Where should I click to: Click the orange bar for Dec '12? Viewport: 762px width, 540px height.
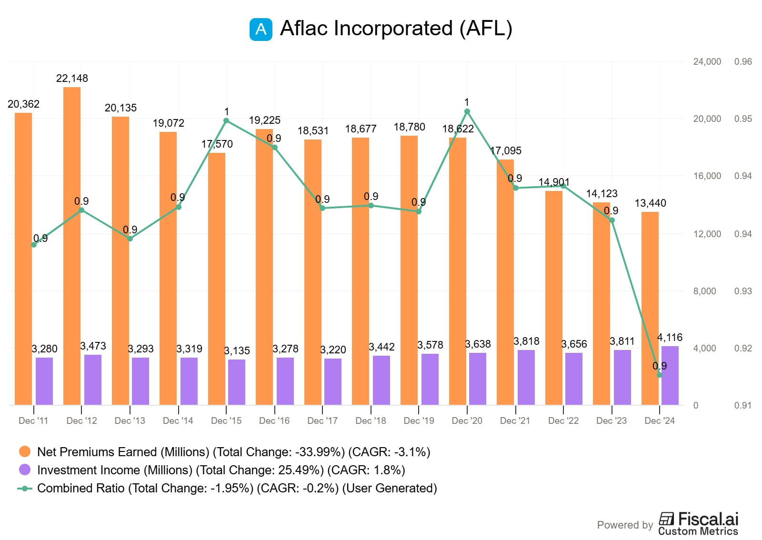click(72, 246)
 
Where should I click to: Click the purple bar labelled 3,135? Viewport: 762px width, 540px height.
click(237, 382)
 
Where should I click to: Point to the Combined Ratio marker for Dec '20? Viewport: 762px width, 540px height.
click(467, 111)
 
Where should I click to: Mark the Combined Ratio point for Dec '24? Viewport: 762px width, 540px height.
click(660, 375)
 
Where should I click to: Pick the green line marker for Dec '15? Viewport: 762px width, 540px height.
click(227, 121)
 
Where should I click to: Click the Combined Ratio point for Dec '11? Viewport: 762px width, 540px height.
click(34, 245)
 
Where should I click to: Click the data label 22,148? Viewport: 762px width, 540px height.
click(72, 79)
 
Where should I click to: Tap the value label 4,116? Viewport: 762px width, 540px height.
click(670, 338)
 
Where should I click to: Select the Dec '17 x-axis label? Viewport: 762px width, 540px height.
click(322, 420)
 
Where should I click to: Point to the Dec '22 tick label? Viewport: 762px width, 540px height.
click(563, 420)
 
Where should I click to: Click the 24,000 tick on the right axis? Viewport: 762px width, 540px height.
click(707, 61)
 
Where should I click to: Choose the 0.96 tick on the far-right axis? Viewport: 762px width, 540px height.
click(743, 61)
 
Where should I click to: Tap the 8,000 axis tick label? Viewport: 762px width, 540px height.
click(704, 291)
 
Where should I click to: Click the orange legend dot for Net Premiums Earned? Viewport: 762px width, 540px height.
click(25, 451)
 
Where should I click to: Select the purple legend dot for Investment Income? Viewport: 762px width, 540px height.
click(25, 470)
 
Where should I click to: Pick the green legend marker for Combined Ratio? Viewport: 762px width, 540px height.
click(25, 489)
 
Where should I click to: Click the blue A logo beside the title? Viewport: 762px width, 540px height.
click(261, 30)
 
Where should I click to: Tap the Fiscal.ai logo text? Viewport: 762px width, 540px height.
click(708, 519)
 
